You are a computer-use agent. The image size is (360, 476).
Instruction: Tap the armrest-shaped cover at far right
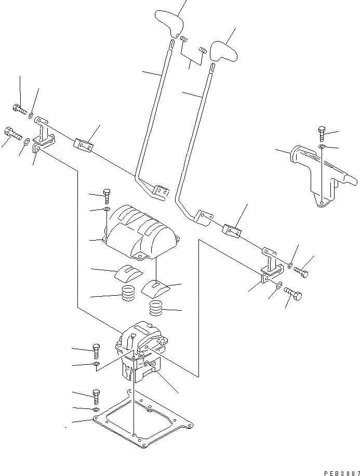coord(322,174)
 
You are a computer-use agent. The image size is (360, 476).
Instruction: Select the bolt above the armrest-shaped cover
coord(322,134)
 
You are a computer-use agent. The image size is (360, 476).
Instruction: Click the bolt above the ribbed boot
coord(106,196)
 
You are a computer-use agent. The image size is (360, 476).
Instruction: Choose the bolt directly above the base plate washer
coord(96,395)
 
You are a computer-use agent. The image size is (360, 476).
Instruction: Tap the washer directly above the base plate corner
coord(96,410)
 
